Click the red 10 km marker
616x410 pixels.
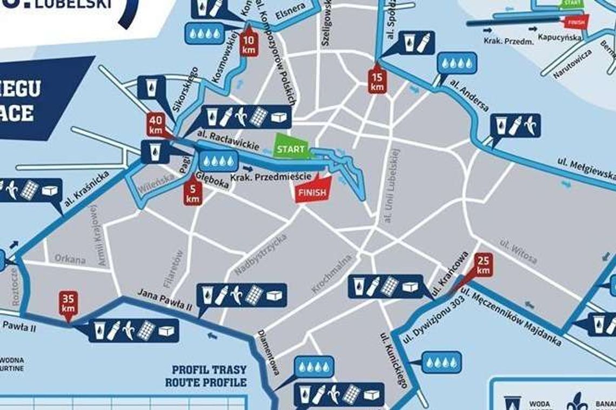pyautogui.click(x=249, y=43)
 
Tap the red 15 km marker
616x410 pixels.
pyautogui.click(x=377, y=79)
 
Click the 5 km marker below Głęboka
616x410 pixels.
pyautogui.click(x=193, y=191)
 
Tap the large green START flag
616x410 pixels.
pyautogui.click(x=291, y=147)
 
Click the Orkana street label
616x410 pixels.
pyautogui.click(x=70, y=259)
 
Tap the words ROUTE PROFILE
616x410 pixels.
pyautogui.click(x=206, y=382)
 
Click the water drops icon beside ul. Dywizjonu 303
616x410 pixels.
pyautogui.click(x=442, y=362)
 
